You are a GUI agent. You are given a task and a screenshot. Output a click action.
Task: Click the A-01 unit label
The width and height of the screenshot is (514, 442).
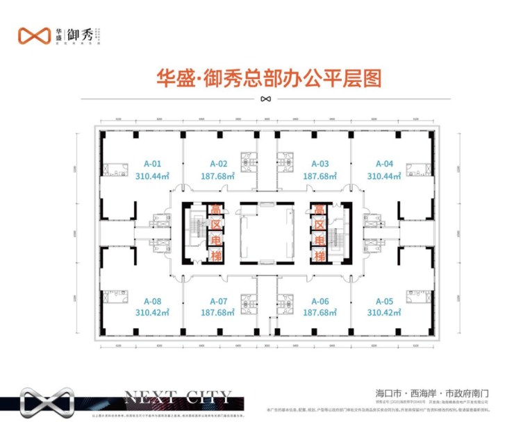(153, 164)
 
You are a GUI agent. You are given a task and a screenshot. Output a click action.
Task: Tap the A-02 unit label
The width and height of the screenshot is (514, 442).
(219, 164)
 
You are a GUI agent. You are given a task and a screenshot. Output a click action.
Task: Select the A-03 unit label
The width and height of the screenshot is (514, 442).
(320, 164)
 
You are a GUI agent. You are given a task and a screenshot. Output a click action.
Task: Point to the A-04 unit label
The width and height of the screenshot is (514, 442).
(384, 164)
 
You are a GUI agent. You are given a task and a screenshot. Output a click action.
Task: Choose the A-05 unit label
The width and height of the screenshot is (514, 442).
(384, 301)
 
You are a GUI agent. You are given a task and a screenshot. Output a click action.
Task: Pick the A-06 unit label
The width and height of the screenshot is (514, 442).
(320, 301)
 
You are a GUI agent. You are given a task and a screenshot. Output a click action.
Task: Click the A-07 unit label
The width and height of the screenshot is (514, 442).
(219, 301)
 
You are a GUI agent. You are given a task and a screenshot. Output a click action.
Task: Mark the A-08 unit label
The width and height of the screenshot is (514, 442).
(153, 301)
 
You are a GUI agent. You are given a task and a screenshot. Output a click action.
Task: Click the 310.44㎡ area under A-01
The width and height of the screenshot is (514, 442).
(154, 176)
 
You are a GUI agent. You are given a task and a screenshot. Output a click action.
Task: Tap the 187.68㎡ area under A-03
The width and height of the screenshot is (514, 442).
(320, 176)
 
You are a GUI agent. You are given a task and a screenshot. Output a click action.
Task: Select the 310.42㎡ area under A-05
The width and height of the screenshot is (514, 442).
(385, 313)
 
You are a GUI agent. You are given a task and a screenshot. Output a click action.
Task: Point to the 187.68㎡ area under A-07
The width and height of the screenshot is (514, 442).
(219, 313)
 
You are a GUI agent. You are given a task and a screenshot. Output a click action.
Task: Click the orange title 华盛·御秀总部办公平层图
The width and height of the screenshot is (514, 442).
(262, 77)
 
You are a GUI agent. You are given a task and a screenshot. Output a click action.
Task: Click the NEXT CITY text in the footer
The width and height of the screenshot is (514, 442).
(177, 398)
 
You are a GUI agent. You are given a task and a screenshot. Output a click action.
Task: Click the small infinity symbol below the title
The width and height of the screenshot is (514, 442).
(265, 98)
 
